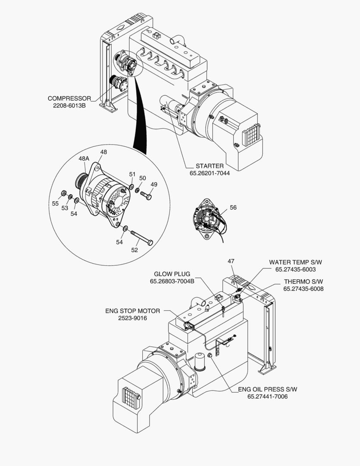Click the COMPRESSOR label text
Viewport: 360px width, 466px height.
tap(69, 98)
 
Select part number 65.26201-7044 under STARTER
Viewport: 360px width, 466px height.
tap(210, 173)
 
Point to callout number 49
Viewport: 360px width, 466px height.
tap(154, 184)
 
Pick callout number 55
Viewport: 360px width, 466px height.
tap(55, 203)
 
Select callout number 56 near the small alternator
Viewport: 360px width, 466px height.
tap(233, 208)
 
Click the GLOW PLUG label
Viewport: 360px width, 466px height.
tap(172, 274)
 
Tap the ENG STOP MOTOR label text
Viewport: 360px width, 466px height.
tap(132, 311)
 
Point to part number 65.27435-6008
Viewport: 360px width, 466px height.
tap(303, 289)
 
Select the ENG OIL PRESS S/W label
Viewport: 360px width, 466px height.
tap(267, 389)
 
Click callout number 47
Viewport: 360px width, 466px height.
tap(231, 261)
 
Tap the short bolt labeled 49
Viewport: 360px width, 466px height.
tap(146, 195)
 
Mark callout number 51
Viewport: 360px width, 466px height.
tap(132, 174)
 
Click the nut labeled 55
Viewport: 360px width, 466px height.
tap(63, 193)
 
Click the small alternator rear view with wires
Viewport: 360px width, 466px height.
tap(208, 219)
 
